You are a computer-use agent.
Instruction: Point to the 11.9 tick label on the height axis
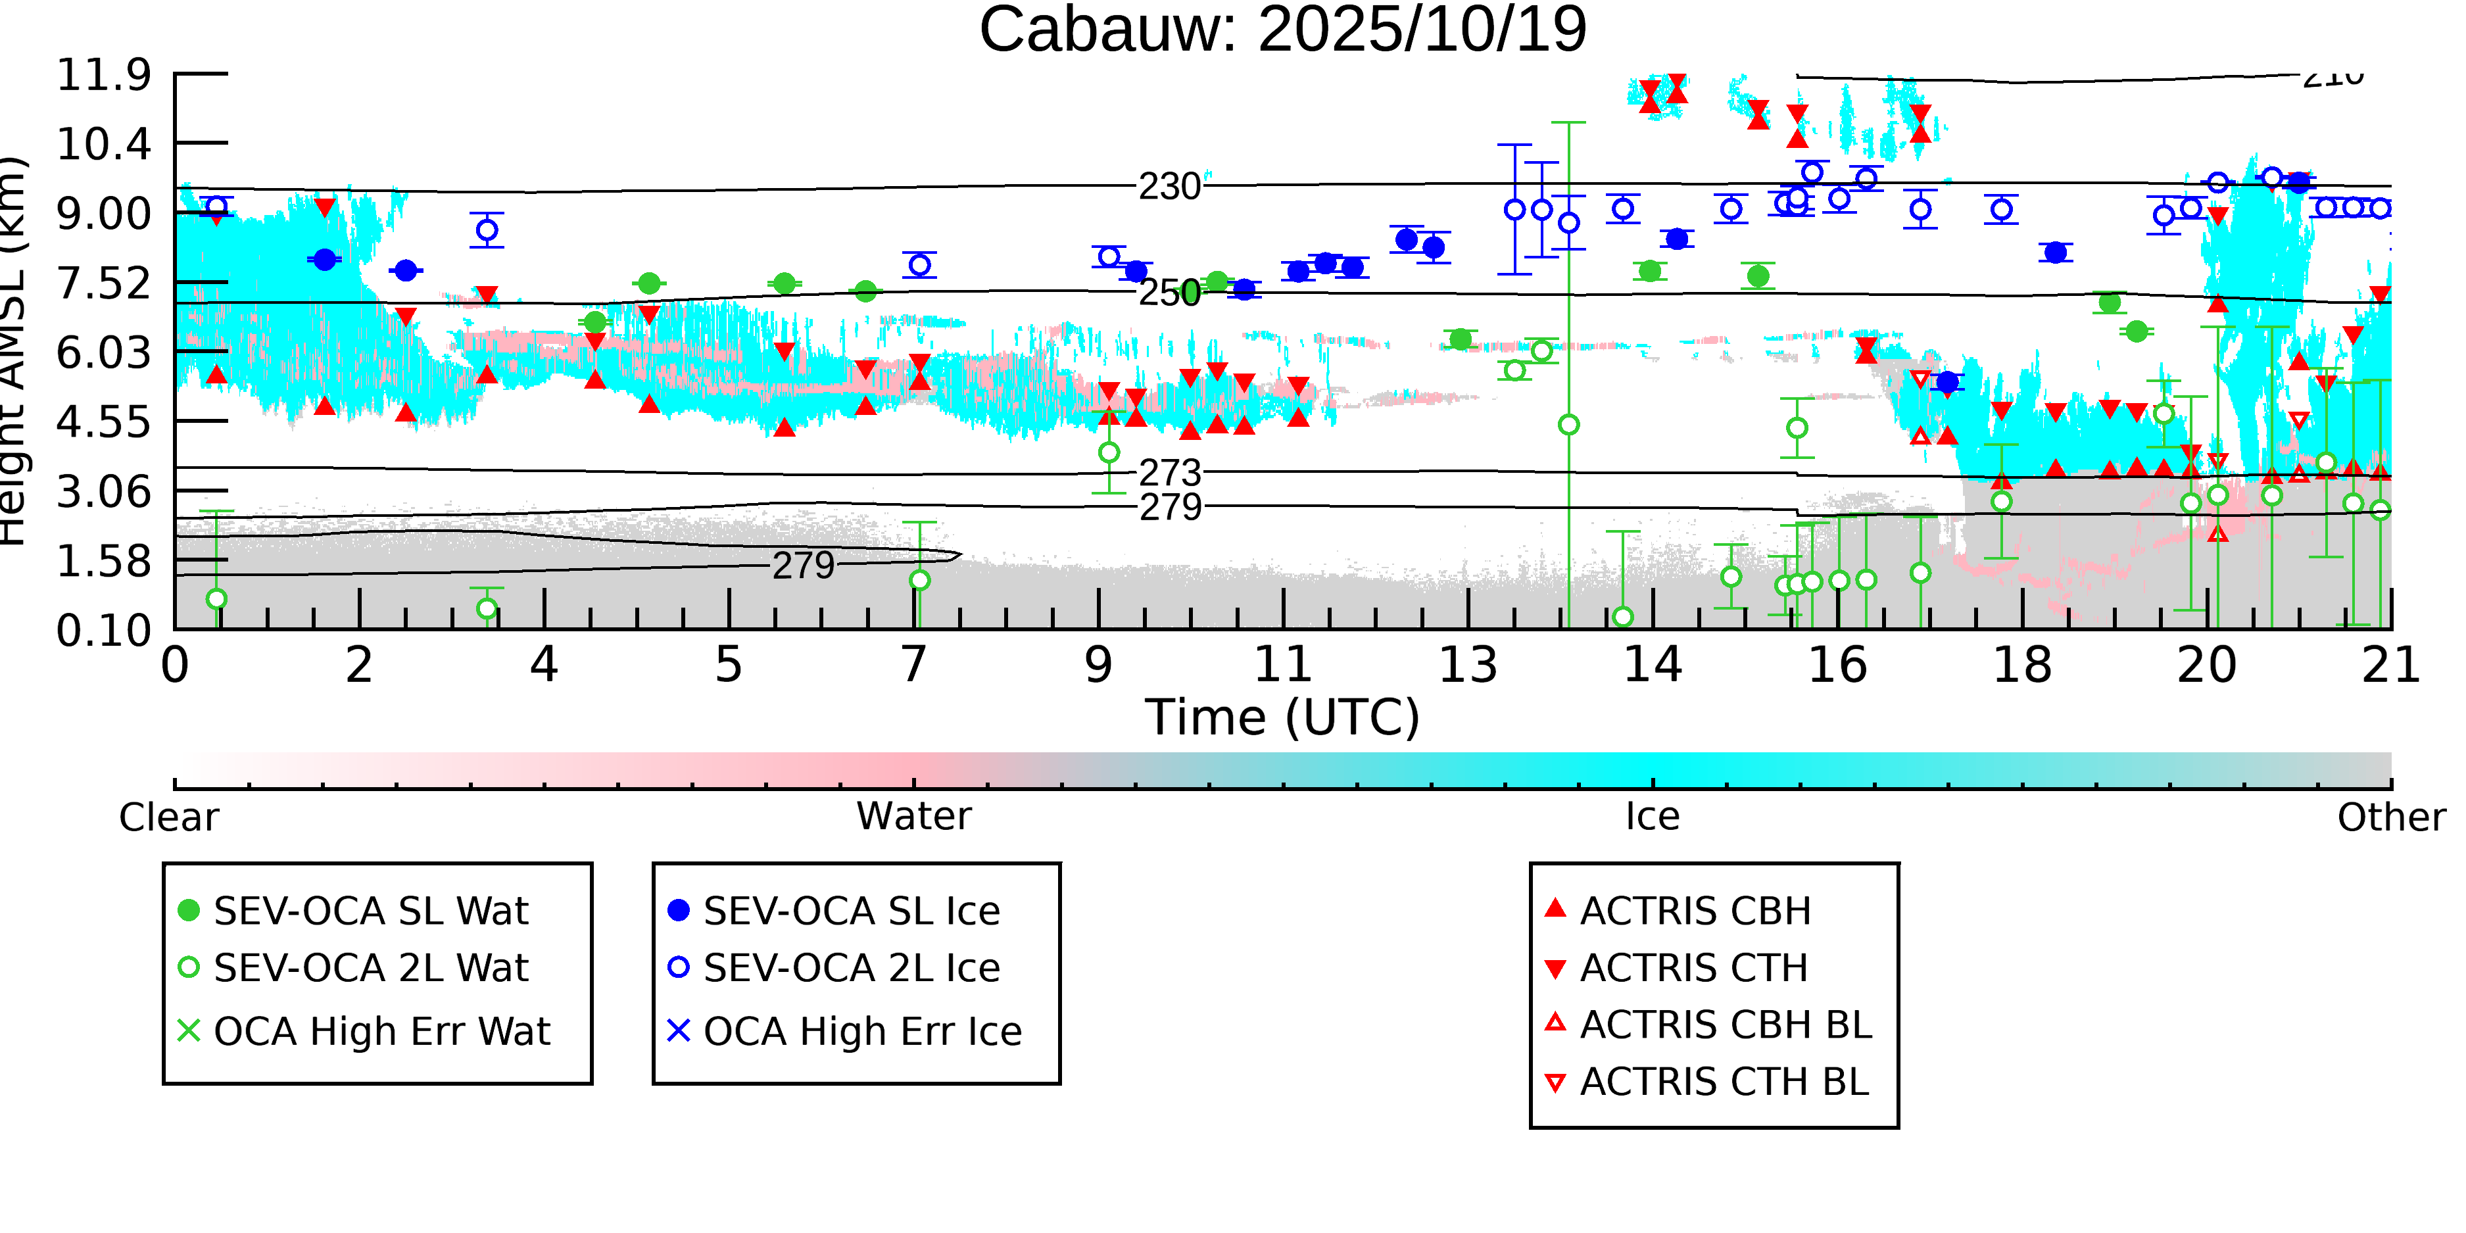(x=103, y=75)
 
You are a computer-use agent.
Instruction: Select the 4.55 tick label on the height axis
(x=103, y=422)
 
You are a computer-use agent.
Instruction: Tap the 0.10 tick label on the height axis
(x=103, y=631)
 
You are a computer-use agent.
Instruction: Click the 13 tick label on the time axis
(x=1468, y=664)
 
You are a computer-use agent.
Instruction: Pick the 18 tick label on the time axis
(x=2022, y=664)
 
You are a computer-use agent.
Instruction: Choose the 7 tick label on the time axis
(x=914, y=664)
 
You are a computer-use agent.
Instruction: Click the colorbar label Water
(x=913, y=817)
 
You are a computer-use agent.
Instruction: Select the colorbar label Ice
(x=1653, y=817)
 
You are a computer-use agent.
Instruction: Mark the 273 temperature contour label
(x=1170, y=473)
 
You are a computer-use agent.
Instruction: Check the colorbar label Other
(x=2390, y=817)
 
